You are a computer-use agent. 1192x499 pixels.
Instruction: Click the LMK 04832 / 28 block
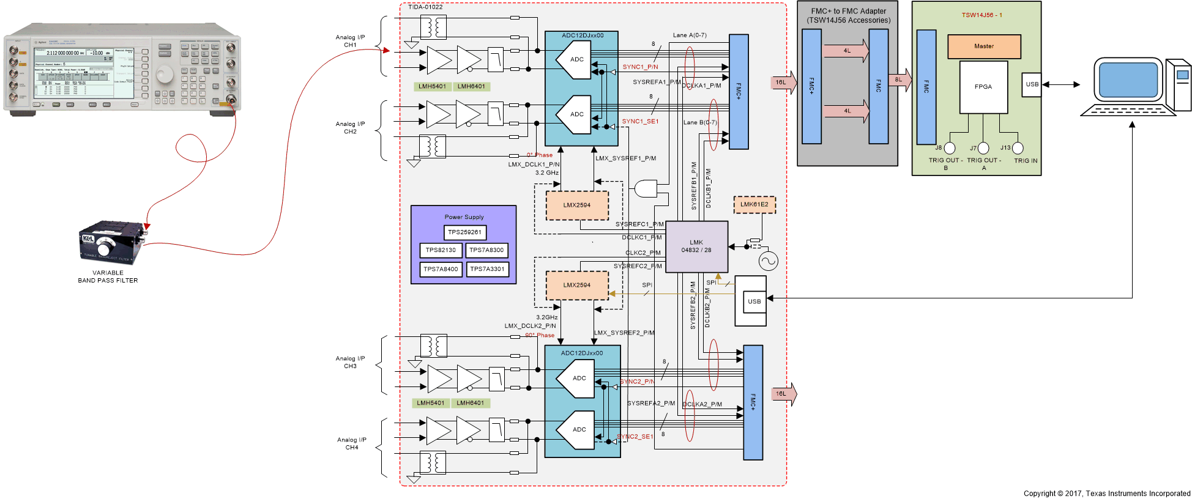696,246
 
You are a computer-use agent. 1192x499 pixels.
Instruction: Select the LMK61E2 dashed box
754,205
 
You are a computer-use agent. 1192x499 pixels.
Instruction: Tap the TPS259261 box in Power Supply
464,232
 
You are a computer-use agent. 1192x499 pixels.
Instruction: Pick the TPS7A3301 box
487,269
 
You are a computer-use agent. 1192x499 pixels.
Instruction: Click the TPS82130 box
441,250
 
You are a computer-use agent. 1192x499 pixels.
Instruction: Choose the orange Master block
984,46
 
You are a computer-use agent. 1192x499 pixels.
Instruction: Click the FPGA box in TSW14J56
983,87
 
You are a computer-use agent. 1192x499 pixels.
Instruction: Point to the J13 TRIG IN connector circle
1018,148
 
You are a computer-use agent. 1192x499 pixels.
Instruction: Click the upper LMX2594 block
577,205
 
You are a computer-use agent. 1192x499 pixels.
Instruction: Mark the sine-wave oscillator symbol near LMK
768,261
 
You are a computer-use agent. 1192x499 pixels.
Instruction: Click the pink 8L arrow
900,79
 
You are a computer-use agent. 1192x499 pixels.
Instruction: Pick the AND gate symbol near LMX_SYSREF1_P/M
646,189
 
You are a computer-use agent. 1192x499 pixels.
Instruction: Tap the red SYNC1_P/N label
640,67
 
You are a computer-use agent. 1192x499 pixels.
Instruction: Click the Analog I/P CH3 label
350,363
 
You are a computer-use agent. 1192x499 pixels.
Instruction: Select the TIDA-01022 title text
425,7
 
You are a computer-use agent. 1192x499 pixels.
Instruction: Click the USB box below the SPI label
754,301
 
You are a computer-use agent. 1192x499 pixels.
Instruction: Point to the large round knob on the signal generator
165,75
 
